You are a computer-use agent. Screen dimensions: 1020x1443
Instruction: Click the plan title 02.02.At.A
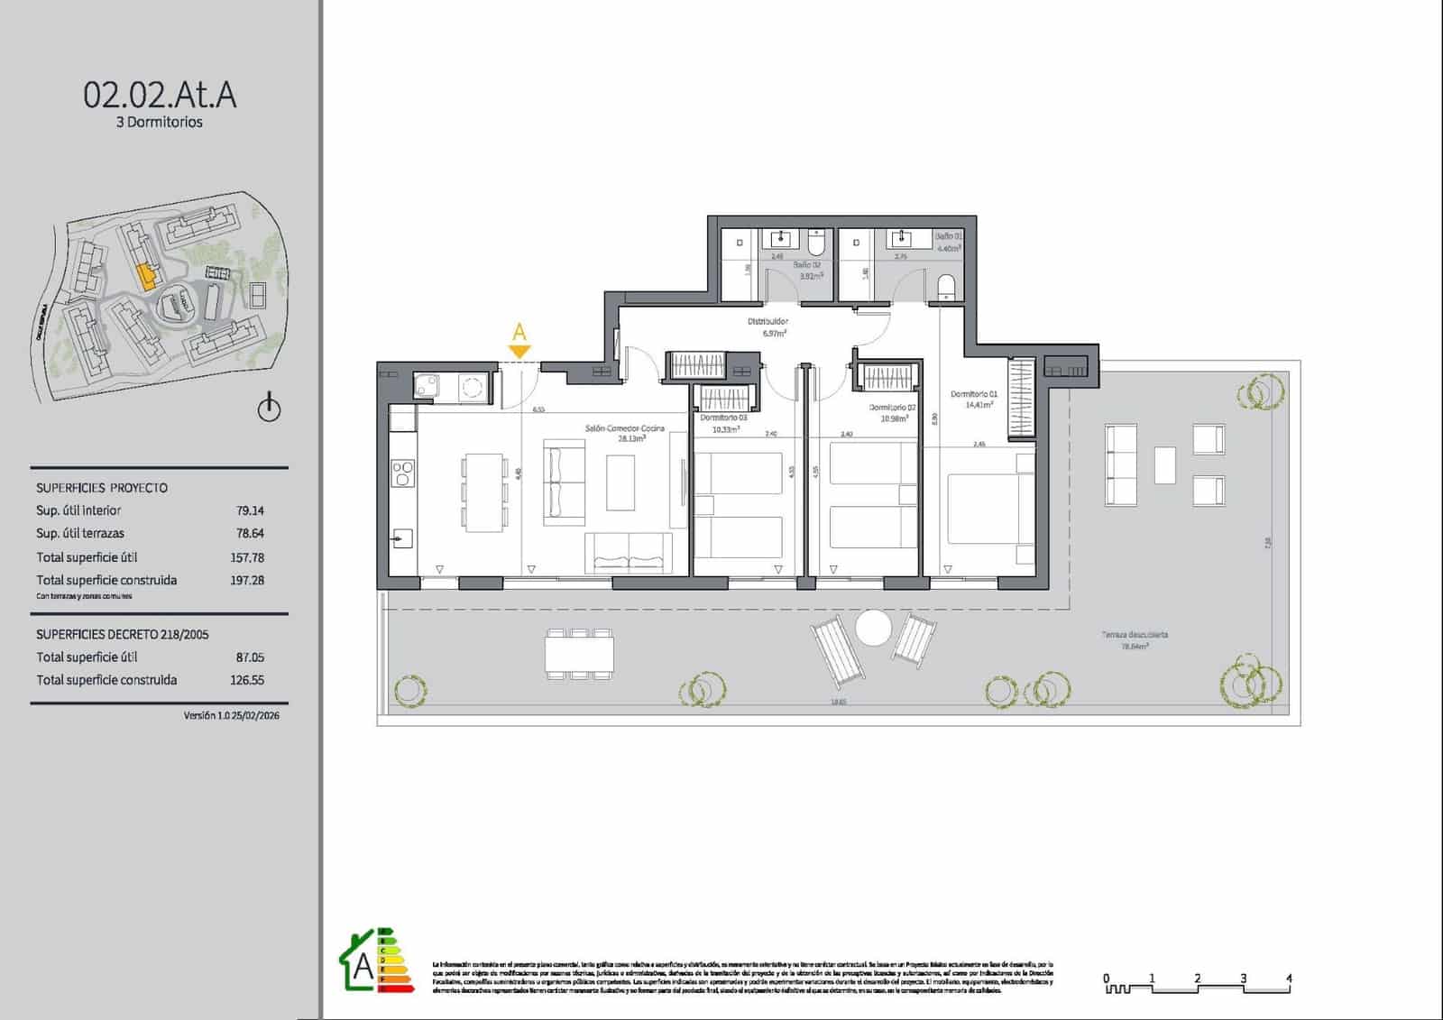(x=160, y=95)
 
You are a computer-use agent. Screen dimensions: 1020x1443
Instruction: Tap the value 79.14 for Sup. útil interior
(x=250, y=510)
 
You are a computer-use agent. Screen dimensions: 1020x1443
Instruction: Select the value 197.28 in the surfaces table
(x=247, y=581)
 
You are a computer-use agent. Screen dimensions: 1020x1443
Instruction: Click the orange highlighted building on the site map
(x=144, y=275)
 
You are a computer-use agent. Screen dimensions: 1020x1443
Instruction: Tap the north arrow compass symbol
(x=269, y=408)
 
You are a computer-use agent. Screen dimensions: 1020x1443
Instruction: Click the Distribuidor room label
(x=767, y=322)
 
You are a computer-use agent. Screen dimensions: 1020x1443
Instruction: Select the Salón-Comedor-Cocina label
(x=624, y=428)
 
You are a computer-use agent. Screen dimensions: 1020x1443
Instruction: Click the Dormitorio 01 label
(x=973, y=394)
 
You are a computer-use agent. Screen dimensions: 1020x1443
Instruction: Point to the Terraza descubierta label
(x=1135, y=635)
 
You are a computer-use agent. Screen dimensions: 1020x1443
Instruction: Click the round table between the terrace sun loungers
(x=873, y=629)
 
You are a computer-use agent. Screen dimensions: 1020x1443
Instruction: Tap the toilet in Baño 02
(x=816, y=243)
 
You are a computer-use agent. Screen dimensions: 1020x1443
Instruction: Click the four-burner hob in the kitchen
(x=402, y=473)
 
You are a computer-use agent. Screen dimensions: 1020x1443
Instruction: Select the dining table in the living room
(x=483, y=492)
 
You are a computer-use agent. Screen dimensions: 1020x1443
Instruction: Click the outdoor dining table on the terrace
(x=579, y=653)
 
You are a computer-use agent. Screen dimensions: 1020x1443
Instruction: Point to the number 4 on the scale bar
(x=1289, y=979)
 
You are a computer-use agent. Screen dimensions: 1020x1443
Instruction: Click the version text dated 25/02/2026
(x=231, y=716)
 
